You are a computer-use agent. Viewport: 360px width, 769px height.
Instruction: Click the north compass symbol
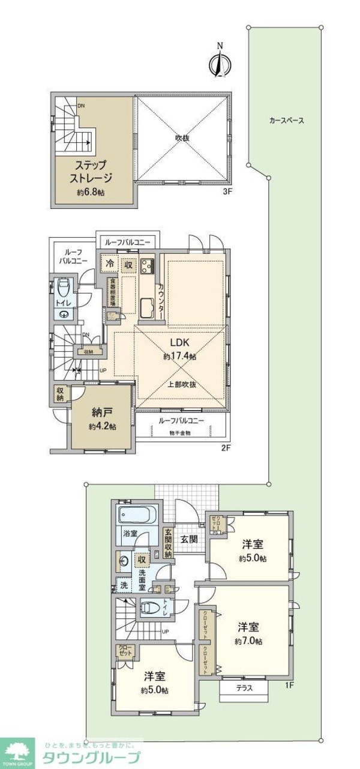pyautogui.click(x=220, y=62)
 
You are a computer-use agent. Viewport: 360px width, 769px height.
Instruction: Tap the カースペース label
pyautogui.click(x=286, y=120)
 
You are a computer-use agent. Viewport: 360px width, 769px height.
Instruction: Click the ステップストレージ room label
pyautogui.click(x=92, y=170)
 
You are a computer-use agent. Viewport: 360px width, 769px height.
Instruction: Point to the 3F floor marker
pyautogui.click(x=227, y=191)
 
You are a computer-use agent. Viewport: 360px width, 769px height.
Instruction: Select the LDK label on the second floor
pyautogui.click(x=179, y=342)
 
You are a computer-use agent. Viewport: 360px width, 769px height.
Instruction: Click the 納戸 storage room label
pyautogui.click(x=101, y=413)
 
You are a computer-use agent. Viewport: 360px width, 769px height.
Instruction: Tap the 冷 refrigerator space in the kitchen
pyautogui.click(x=110, y=263)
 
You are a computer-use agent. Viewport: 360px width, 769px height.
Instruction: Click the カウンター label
pyautogui.click(x=161, y=300)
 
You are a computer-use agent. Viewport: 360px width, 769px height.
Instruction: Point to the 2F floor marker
pyautogui.click(x=225, y=448)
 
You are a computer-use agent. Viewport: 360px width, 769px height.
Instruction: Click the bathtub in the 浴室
pyautogui.click(x=137, y=514)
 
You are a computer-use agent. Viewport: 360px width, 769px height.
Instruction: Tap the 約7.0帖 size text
pyautogui.click(x=248, y=641)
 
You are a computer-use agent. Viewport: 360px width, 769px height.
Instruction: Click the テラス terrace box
pyautogui.click(x=243, y=689)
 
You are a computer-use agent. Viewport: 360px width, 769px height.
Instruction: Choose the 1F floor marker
pyautogui.click(x=289, y=685)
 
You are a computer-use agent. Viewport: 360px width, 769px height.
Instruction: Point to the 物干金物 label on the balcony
pyautogui.click(x=180, y=433)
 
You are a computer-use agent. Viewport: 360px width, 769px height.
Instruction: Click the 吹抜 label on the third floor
pyautogui.click(x=182, y=137)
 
